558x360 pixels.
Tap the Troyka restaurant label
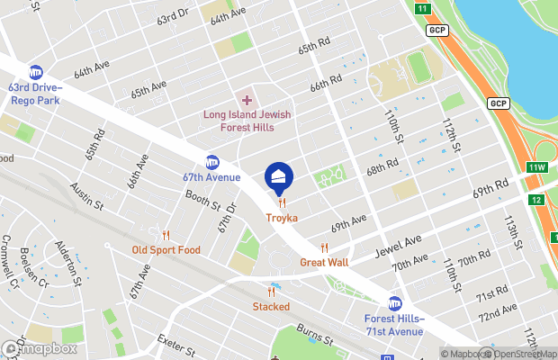pyautogui.click(x=281, y=218)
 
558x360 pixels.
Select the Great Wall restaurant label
pyautogui.click(x=324, y=262)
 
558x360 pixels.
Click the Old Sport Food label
pyautogui.click(x=166, y=249)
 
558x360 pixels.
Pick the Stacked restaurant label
pyautogui.click(x=271, y=306)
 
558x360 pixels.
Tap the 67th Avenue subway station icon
pyautogui.click(x=212, y=163)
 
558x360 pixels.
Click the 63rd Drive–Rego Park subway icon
pyautogui.click(x=36, y=72)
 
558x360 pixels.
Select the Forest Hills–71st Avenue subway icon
pyautogui.click(x=394, y=304)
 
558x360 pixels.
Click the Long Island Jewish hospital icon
pyautogui.click(x=247, y=99)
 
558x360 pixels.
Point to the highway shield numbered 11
pyautogui.click(x=423, y=8)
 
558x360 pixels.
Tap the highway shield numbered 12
pyautogui.click(x=536, y=199)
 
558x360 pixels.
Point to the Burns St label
pyautogui.click(x=317, y=339)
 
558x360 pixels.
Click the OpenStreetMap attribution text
pyautogui.click(x=516, y=354)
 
